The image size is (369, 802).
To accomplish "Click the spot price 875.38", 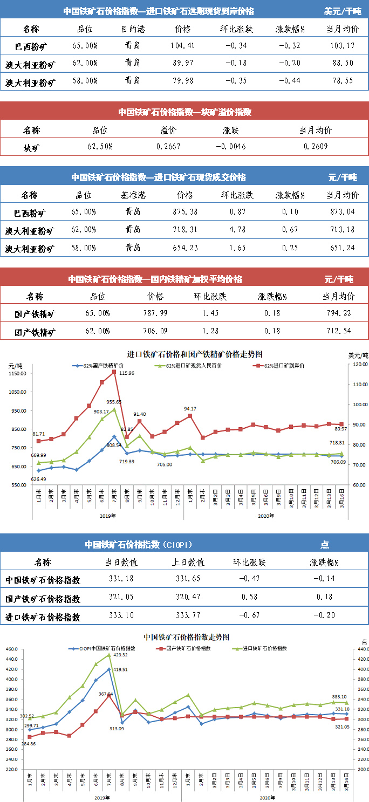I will [x=184, y=211].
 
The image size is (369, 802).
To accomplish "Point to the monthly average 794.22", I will [x=339, y=313].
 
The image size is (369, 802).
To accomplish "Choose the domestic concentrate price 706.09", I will [x=155, y=331].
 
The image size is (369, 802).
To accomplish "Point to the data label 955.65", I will [x=114, y=402].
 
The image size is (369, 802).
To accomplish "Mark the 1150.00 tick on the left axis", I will [x=18, y=374].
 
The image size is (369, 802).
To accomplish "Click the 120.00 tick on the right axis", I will [x=358, y=365].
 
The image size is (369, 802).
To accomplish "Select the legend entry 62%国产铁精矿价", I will [x=100, y=366].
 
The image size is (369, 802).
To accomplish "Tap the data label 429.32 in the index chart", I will [x=119, y=655].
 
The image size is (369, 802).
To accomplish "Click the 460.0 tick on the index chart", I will [x=11, y=649].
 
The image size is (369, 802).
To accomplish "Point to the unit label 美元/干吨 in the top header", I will [x=343, y=11].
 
